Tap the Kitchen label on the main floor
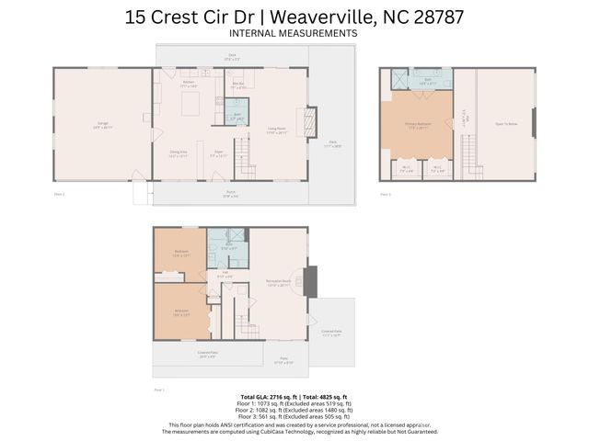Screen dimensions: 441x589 (x=188, y=85)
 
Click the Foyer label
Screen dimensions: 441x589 (x=220, y=154)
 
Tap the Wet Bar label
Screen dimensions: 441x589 (x=237, y=85)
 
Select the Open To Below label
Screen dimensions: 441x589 (x=506, y=124)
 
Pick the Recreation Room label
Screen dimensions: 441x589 (x=279, y=284)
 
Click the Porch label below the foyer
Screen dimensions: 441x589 (x=231, y=194)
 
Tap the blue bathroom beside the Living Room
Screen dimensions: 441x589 (x=237, y=116)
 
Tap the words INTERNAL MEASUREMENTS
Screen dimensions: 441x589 (x=293, y=33)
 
